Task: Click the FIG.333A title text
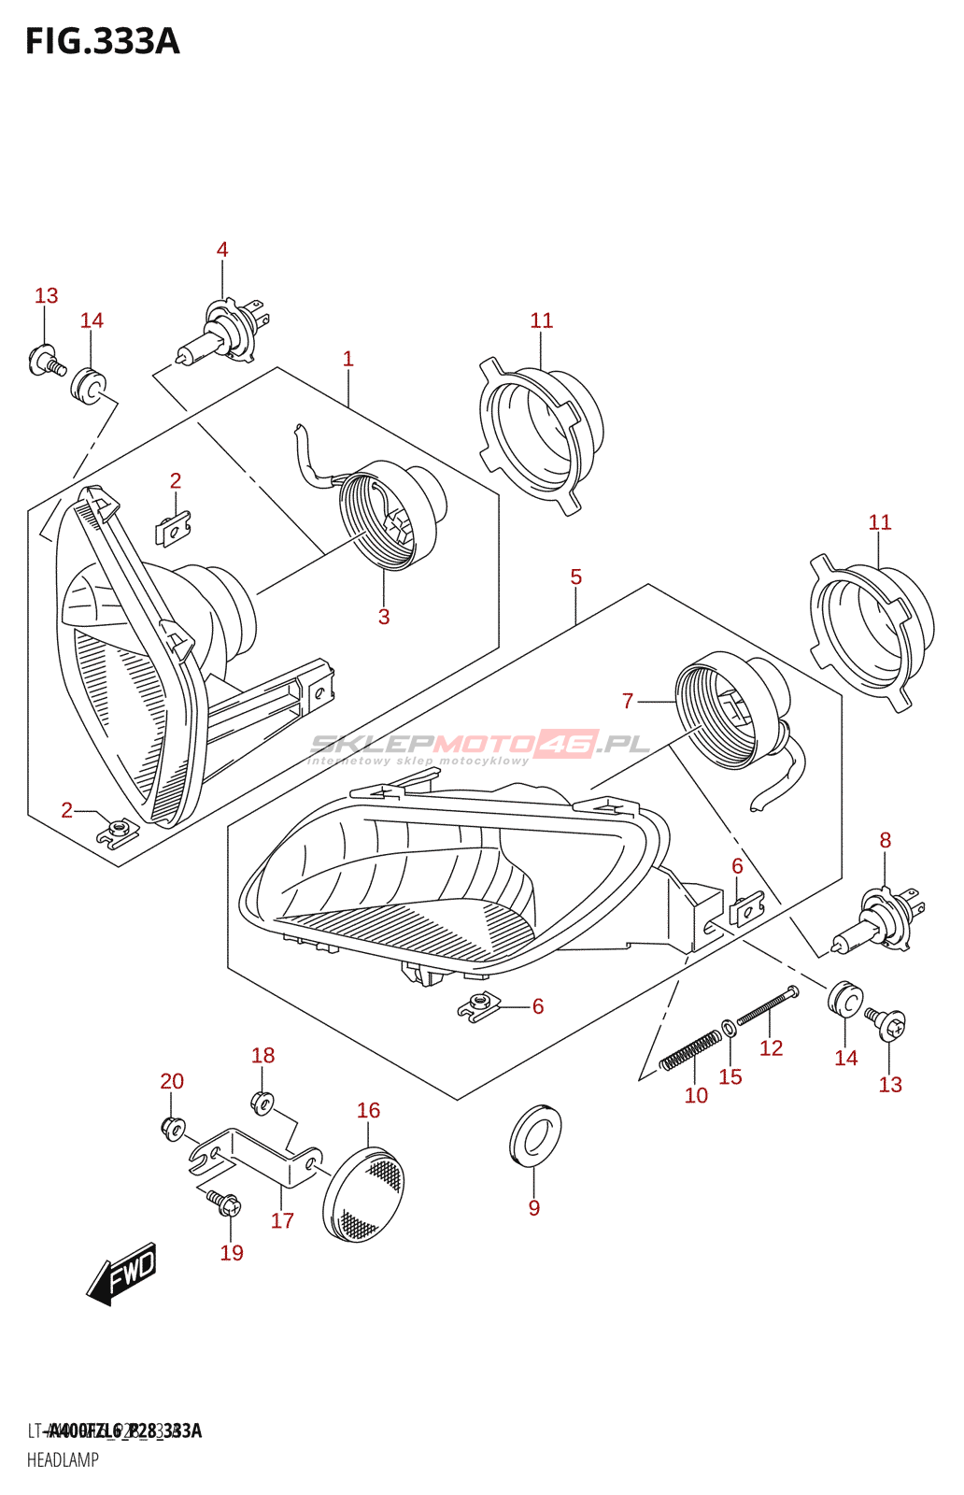(x=102, y=42)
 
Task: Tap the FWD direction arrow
(x=122, y=1273)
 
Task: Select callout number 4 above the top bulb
(x=222, y=249)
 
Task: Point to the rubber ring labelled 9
(x=535, y=1135)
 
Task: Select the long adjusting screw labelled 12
(x=768, y=1006)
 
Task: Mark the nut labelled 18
(x=262, y=1102)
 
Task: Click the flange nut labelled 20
(x=173, y=1128)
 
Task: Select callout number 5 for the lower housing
(x=576, y=577)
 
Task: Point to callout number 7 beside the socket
(x=628, y=701)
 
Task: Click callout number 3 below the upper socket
(x=384, y=617)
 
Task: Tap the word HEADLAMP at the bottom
(x=63, y=1459)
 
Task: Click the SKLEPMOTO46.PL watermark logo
(x=479, y=746)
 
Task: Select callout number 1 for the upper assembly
(x=348, y=359)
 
